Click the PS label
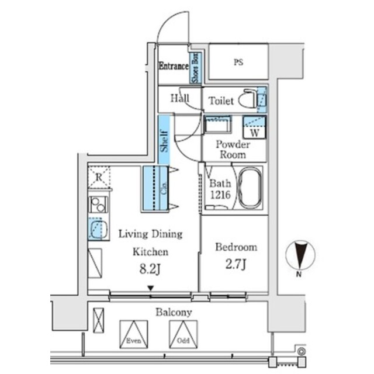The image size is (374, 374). [238, 63]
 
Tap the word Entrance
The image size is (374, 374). [174, 67]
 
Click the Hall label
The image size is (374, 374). [179, 98]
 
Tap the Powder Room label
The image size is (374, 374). [233, 150]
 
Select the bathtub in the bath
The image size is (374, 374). [250, 188]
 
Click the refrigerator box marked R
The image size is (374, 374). [99, 177]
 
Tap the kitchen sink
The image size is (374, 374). [99, 228]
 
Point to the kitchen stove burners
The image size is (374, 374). [98, 205]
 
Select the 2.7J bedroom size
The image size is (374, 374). [236, 265]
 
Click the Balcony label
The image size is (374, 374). [174, 313]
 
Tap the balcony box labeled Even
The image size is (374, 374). [133, 334]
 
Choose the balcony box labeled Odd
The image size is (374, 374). [183, 334]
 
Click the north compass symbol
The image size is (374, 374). [300, 256]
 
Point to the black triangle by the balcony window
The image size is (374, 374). [151, 288]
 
